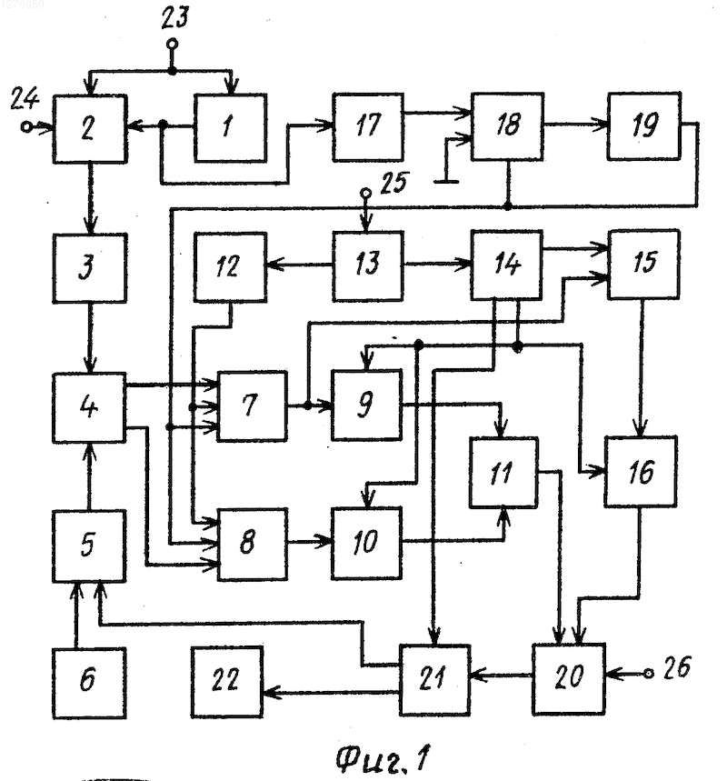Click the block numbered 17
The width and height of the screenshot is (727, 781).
click(368, 127)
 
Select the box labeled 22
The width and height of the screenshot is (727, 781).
click(227, 682)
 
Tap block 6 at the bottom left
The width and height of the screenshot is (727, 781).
click(89, 684)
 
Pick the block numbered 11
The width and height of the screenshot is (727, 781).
click(503, 472)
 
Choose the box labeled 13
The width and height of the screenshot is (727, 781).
click(368, 266)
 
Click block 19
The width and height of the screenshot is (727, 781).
click(643, 125)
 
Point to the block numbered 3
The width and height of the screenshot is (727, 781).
click(90, 268)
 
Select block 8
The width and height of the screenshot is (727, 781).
click(253, 544)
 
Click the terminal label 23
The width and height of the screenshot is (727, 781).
click(174, 17)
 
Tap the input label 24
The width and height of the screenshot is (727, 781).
click(24, 98)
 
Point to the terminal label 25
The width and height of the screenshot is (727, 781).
click(394, 183)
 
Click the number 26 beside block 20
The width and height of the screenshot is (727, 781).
click(677, 667)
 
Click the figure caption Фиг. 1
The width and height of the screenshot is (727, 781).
click(382, 757)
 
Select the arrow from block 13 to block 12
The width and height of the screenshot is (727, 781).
click(299, 265)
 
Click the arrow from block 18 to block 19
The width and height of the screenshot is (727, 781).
click(575, 124)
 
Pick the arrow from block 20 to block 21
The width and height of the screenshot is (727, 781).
click(501, 676)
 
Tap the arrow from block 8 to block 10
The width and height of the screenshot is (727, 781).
click(310, 541)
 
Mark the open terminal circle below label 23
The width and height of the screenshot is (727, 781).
click(173, 45)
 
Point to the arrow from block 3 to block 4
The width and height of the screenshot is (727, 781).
click(90, 337)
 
